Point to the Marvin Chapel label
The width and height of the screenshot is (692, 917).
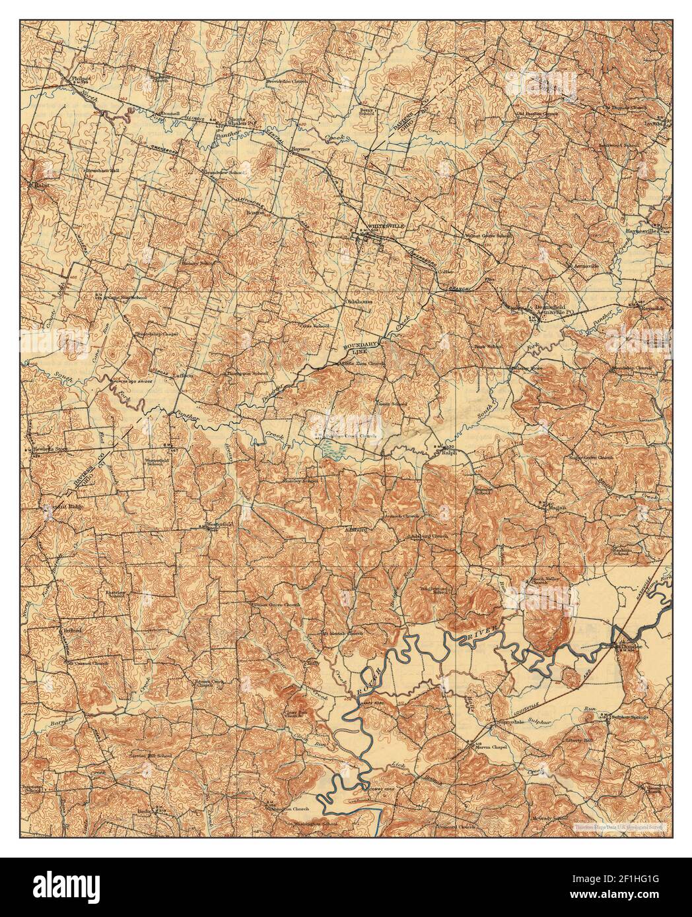pyautogui.click(x=490, y=747)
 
